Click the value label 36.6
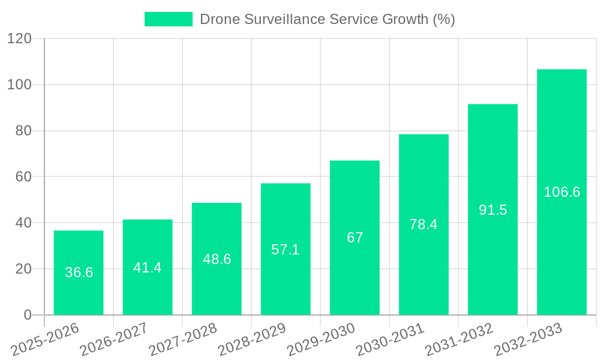[79, 272]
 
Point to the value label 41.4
[148, 268]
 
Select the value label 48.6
[217, 259]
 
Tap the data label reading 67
[355, 238]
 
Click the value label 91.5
[493, 210]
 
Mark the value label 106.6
[562, 192]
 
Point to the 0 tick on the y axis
[27, 315]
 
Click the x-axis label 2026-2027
[114, 340]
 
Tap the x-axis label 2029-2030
[321, 340]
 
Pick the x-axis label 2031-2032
[459, 340]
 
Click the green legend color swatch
[169, 19]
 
